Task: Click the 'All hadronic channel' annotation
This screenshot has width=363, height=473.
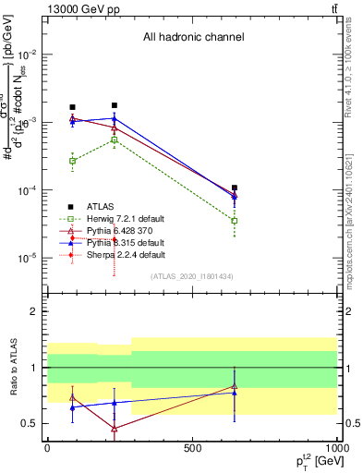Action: click(x=193, y=38)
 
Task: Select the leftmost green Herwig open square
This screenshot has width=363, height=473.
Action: click(x=73, y=161)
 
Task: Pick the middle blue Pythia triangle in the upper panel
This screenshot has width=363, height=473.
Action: click(x=114, y=118)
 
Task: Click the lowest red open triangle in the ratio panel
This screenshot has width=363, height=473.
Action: click(x=114, y=429)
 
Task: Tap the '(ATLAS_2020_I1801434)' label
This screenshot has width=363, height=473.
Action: click(x=192, y=276)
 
